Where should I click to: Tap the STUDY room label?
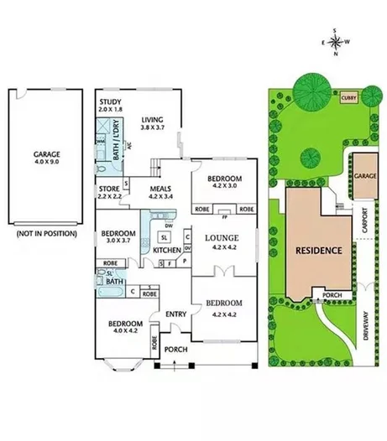110,102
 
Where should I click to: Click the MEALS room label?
160,190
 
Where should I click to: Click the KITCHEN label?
167,251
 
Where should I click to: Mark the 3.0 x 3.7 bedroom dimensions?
118,241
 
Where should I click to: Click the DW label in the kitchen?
170,226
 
